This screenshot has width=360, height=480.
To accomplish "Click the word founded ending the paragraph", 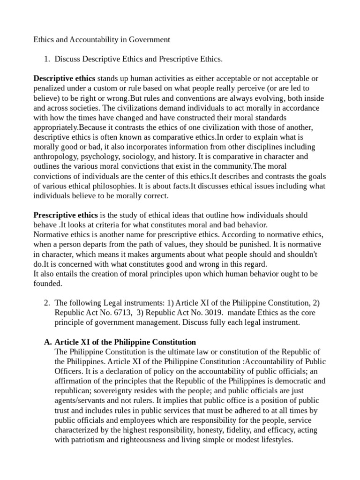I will pyautogui.click(x=47, y=284).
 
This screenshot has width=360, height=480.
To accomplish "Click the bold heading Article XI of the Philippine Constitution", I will pyautogui.click(x=125, y=342).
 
